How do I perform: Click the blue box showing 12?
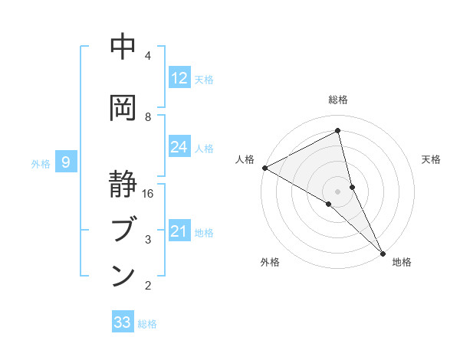pyautogui.click(x=179, y=78)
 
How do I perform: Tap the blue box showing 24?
pyautogui.click(x=179, y=147)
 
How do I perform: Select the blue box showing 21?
pyautogui.click(x=179, y=231)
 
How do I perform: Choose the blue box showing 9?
pyautogui.click(x=66, y=162)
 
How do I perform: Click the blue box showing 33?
pyautogui.click(x=123, y=322)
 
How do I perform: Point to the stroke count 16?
pyautogui.click(x=149, y=194)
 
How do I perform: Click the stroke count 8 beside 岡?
pyautogui.click(x=148, y=116)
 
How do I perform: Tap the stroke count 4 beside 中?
pyautogui.click(x=148, y=56)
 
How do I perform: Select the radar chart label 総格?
pyautogui.click(x=338, y=100)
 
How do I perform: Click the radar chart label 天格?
pyautogui.click(x=432, y=159)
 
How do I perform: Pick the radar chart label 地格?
pyautogui.click(x=402, y=262)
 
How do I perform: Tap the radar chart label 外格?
pyautogui.click(x=270, y=262)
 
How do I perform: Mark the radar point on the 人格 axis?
pyautogui.click(x=264, y=168)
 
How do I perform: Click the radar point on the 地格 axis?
pyautogui.click(x=383, y=252)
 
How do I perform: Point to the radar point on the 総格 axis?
pyautogui.click(x=338, y=131)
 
